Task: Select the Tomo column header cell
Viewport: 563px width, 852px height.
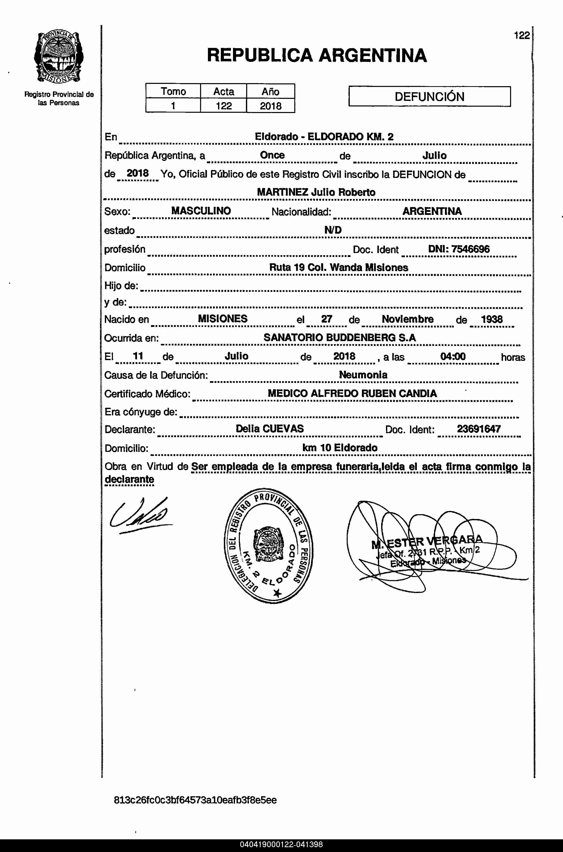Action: coord(173,91)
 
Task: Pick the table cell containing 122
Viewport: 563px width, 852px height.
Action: coord(223,106)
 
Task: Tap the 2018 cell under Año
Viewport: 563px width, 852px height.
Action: coord(270,106)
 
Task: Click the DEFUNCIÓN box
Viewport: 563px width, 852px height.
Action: coord(430,96)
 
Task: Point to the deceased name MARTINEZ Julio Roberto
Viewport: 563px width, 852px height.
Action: coord(316,192)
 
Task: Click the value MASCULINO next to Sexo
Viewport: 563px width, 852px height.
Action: coord(201,211)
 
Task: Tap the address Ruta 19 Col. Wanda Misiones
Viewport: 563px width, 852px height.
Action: coord(339,268)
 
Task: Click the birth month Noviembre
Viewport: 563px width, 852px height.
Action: coord(407,319)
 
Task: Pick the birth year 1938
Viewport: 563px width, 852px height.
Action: coord(492,319)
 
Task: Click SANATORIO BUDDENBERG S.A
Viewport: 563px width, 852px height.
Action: coord(339,338)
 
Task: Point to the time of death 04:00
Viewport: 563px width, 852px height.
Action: coord(453,356)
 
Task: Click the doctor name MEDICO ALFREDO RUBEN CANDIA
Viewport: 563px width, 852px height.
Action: coord(352,393)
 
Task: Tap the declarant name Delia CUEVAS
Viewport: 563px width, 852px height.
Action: coord(270,429)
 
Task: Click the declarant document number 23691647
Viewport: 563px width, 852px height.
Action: coord(479,429)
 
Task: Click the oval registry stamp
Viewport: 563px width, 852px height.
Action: coord(268,545)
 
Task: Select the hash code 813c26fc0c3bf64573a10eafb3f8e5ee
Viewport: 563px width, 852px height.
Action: coord(195,800)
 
